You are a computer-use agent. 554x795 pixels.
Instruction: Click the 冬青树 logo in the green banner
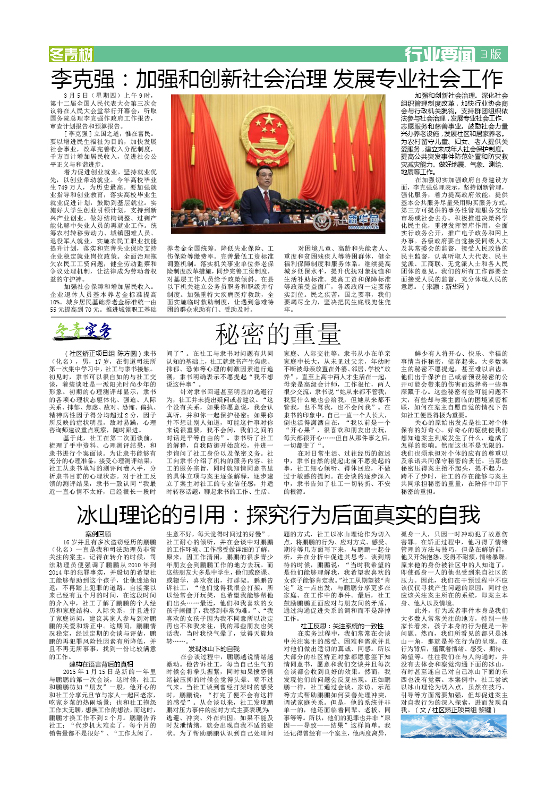71,54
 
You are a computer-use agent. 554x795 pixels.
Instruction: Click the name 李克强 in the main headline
83,79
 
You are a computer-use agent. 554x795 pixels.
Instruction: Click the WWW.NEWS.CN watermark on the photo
364,227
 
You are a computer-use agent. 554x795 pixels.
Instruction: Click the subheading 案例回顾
98,534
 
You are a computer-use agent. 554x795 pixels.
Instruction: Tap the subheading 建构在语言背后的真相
101,664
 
